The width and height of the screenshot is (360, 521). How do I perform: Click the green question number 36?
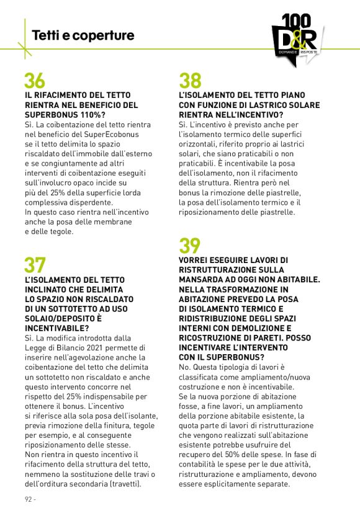(35, 81)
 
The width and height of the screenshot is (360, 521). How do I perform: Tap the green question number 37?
(35, 265)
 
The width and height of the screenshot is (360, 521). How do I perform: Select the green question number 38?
(190, 81)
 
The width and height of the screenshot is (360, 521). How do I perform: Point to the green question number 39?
(190, 246)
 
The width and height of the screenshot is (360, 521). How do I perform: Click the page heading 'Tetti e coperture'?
(83, 35)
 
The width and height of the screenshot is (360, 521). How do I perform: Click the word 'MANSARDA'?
(204, 279)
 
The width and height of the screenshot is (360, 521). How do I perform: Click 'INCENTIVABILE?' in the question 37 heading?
(56, 328)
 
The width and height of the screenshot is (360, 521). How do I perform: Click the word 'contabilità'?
(202, 464)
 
